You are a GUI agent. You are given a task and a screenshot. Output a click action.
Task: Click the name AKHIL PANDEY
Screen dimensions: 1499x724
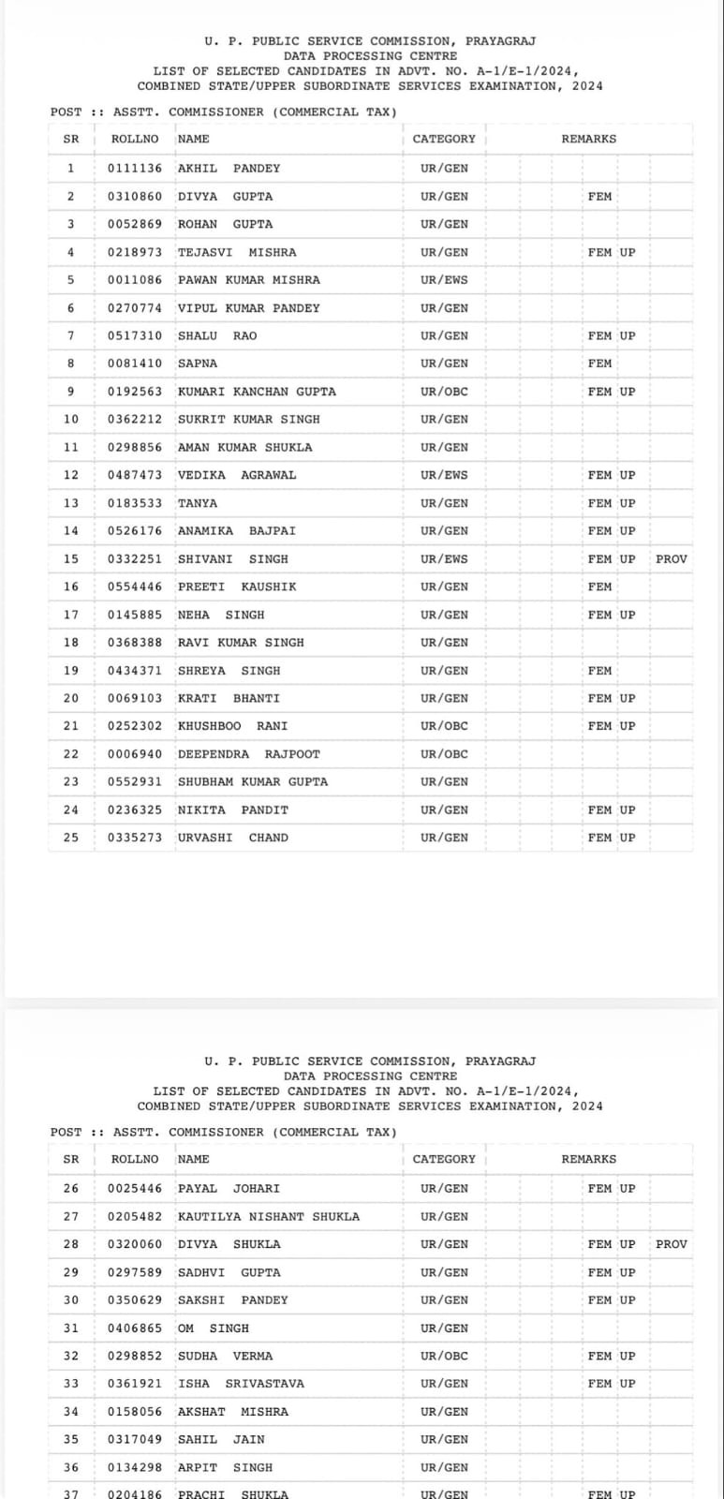click(229, 169)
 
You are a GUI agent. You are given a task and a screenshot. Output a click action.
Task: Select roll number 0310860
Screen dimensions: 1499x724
click(134, 197)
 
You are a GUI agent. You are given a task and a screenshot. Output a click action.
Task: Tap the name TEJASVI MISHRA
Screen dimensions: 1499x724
click(237, 252)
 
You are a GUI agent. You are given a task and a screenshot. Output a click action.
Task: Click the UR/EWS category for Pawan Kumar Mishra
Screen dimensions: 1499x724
click(444, 280)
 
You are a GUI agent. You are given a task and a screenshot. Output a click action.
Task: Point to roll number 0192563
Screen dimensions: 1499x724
click(134, 392)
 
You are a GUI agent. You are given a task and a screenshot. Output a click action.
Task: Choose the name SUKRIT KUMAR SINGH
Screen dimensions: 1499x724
click(248, 420)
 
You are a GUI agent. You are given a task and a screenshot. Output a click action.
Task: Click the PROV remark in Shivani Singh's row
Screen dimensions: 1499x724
click(671, 559)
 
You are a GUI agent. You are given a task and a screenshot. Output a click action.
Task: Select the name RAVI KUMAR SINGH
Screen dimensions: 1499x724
click(241, 643)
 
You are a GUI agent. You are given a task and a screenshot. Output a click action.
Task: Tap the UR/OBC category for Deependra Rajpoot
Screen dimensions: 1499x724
click(444, 754)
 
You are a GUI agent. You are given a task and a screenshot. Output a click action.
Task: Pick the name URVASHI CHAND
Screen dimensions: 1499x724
click(233, 838)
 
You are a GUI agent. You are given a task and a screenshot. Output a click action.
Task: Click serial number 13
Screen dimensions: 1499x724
click(71, 503)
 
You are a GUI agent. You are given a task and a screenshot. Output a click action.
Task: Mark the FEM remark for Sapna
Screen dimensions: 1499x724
click(599, 364)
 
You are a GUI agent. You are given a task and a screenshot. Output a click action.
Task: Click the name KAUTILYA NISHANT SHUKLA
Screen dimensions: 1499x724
click(269, 1217)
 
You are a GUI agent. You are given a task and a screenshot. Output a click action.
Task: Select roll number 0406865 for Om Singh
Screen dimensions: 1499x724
click(134, 1328)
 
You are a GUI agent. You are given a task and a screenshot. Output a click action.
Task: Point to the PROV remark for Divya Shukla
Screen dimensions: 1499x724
click(671, 1244)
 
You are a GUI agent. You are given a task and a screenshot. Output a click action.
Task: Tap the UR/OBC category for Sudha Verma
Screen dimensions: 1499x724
click(444, 1356)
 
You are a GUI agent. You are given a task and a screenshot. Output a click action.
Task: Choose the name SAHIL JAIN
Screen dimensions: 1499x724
click(221, 1439)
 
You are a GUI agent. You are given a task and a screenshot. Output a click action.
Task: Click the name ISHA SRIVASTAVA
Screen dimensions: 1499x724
click(241, 1384)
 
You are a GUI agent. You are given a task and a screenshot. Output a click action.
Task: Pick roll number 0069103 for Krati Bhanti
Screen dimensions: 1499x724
click(134, 699)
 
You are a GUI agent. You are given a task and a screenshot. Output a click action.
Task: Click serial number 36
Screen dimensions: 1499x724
click(71, 1467)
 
